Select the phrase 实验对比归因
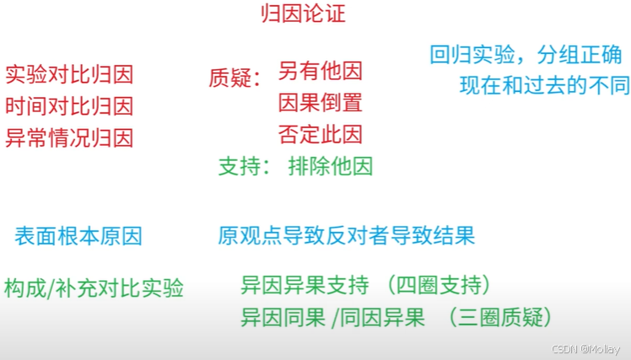pyautogui.click(x=69, y=76)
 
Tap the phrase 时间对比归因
pyautogui.click(x=69, y=107)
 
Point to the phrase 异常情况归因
pyautogui.click(x=69, y=137)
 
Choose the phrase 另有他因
pyautogui.click(x=320, y=73)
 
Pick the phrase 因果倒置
pyautogui.click(x=320, y=103)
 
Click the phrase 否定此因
pyautogui.click(x=320, y=134)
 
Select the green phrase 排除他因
pyautogui.click(x=330, y=166)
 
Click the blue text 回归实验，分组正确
pyautogui.click(x=525, y=55)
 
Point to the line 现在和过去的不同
pyautogui.click(x=544, y=85)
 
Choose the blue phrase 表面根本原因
pyautogui.click(x=78, y=236)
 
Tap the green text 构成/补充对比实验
pyautogui.click(x=94, y=287)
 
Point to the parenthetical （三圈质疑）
pyautogui.click(x=500, y=318)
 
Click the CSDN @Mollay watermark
pyautogui.click(x=585, y=349)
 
